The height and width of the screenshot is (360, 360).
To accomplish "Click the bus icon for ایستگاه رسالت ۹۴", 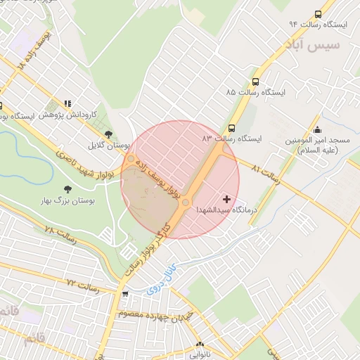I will [x=319, y=14].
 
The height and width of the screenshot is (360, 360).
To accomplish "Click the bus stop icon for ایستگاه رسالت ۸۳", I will [x=231, y=128].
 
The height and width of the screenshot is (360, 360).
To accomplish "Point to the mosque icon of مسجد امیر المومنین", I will [x=318, y=129].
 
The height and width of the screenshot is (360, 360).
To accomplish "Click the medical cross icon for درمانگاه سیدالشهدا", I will [x=226, y=200].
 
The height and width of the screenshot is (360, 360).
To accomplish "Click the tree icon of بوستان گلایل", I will [x=108, y=134].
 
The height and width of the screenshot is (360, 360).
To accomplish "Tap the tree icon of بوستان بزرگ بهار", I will [x=67, y=189].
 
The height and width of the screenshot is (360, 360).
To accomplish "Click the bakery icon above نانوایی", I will [x=198, y=345].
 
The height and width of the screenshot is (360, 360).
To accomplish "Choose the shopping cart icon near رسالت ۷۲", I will [x=124, y=294].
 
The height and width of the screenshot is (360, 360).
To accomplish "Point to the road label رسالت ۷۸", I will [x=58, y=231].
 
